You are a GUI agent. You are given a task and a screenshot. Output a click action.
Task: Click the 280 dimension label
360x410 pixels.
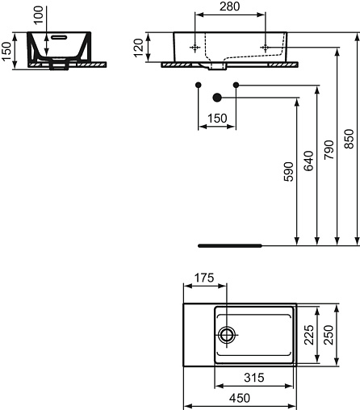229,6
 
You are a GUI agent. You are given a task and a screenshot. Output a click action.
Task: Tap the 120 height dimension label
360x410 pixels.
139,48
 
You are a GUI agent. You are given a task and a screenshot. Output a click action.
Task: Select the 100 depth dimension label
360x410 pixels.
39,15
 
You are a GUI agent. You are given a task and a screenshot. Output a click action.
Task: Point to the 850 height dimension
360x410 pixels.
349,139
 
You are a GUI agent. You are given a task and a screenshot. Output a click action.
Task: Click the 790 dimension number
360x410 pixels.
329,149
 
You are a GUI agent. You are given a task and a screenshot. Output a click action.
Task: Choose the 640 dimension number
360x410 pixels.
308,161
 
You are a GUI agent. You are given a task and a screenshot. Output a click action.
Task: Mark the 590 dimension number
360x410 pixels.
288,172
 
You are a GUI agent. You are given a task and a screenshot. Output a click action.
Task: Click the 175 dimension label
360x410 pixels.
204,278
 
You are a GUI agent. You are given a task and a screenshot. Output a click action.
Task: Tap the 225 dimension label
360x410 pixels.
308,335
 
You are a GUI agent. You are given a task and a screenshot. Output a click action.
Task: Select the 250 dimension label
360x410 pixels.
329,335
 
